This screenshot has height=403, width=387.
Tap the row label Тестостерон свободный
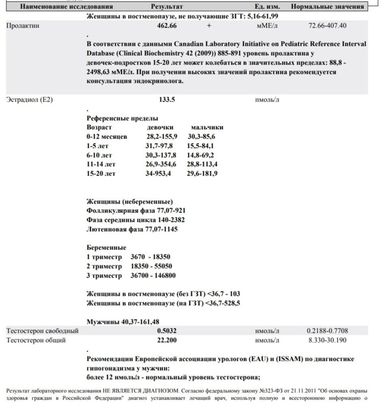42,330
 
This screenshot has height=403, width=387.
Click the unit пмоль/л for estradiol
267,100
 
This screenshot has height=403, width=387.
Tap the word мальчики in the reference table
207,127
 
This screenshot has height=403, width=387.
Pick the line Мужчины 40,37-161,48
125,321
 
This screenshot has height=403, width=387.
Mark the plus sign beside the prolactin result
209,25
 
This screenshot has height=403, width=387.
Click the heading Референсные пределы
123,118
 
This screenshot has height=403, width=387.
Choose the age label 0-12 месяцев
107,137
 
